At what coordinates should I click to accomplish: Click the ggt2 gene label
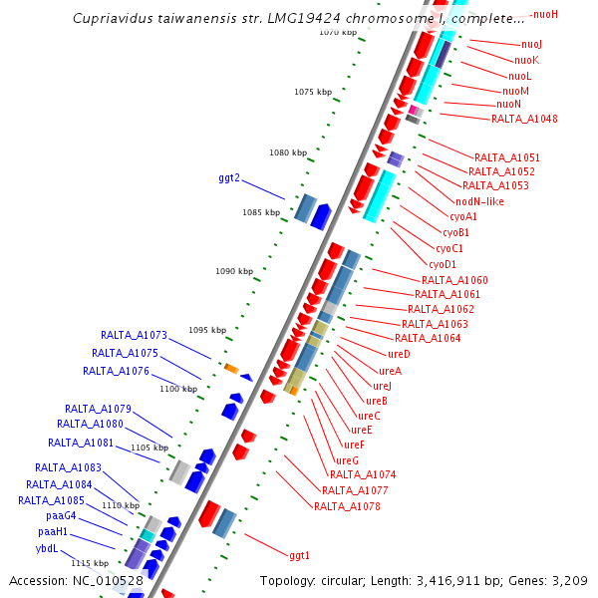click(x=229, y=178)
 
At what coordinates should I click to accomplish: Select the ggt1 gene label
click(x=299, y=555)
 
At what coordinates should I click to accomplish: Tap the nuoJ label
click(x=532, y=45)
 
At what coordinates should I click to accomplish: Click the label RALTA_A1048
click(x=524, y=120)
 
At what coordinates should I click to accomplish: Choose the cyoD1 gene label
click(x=443, y=264)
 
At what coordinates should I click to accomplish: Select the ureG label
click(x=347, y=459)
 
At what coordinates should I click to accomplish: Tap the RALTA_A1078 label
click(x=347, y=506)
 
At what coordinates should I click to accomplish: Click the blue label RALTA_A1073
click(x=134, y=335)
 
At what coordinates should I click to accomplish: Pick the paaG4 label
click(x=61, y=516)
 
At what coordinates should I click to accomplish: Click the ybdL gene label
click(x=47, y=548)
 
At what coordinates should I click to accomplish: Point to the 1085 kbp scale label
click(x=261, y=212)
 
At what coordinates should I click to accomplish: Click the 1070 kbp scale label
click(x=338, y=32)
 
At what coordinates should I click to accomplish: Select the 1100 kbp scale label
click(x=178, y=389)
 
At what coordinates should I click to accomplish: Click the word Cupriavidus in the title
click(x=115, y=19)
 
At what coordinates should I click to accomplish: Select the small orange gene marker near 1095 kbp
click(x=230, y=368)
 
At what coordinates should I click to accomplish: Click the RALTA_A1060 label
click(x=454, y=280)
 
